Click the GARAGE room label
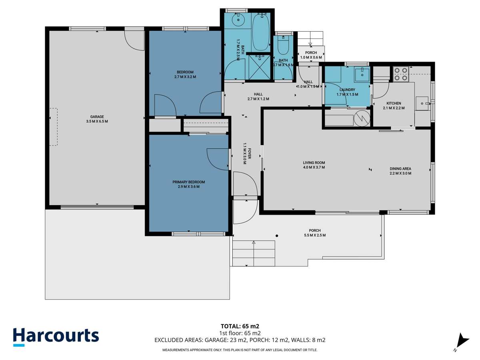click(x=97, y=116)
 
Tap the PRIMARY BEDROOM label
click(x=186, y=182)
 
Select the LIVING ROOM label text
click(x=314, y=162)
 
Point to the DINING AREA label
click(x=400, y=168)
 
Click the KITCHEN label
click(x=394, y=103)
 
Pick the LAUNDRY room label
click(x=347, y=90)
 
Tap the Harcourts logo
click(x=56, y=336)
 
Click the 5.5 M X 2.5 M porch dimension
click(x=314, y=235)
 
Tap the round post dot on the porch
click(x=276, y=236)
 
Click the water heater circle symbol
click(x=363, y=119)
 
